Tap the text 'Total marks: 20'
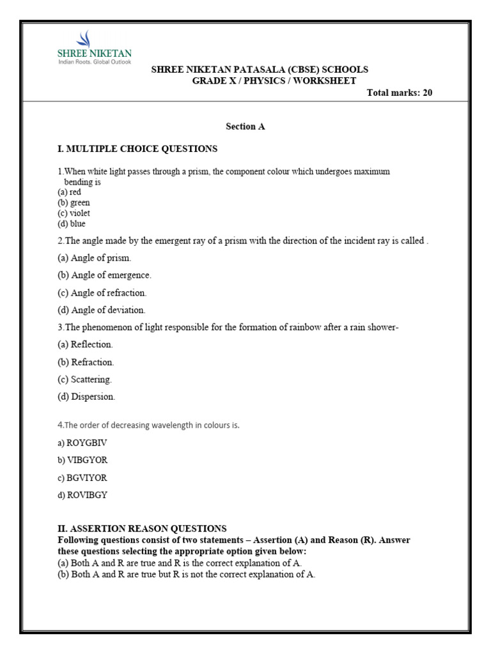tap(400, 93)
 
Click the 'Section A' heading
tap(245, 126)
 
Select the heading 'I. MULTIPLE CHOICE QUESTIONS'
tap(137, 149)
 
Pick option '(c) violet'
tap(72, 213)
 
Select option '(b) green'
tap(74, 202)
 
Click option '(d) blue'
tap(71, 224)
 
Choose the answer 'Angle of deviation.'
tap(102, 310)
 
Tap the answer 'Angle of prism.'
tap(94, 258)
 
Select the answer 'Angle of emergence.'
tap(104, 275)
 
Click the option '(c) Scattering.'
tap(84, 379)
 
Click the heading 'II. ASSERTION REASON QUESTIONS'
tap(142, 529)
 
